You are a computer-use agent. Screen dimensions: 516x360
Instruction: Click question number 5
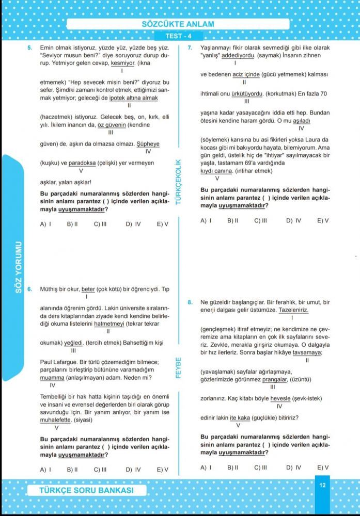coord(30,47)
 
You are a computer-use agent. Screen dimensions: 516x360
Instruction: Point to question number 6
coord(30,289)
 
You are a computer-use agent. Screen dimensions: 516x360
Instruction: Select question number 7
coord(190,47)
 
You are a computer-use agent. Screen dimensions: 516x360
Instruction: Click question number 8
coord(190,302)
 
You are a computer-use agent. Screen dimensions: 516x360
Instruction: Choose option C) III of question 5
coord(100,224)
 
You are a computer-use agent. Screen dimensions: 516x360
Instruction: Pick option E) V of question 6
coord(163,470)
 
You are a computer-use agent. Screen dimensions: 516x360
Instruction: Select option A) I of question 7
coord(207,220)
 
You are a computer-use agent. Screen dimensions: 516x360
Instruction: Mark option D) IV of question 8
coord(293,467)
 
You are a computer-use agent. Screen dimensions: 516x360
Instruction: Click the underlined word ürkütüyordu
coord(246,94)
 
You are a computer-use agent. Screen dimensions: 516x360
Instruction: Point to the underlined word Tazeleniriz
coord(293,310)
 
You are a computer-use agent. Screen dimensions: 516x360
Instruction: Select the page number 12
coord(322,485)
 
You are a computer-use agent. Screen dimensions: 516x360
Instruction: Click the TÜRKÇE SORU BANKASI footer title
coord(86,490)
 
